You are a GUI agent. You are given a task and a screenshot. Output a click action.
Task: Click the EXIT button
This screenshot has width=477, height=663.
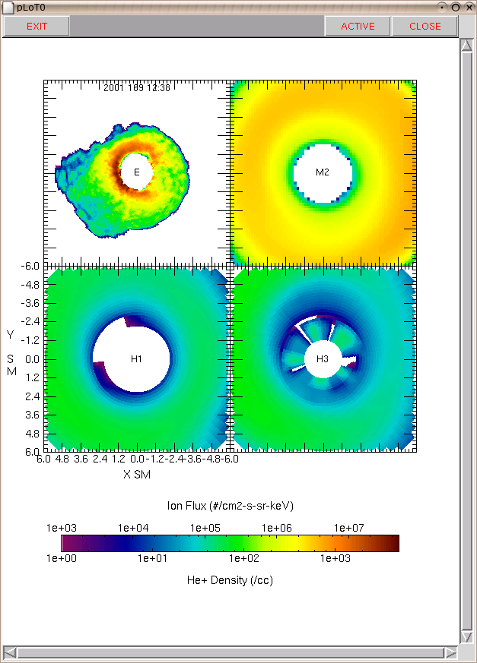pyautogui.click(x=37, y=27)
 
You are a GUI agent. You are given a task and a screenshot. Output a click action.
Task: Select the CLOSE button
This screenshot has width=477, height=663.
pyautogui.click(x=425, y=27)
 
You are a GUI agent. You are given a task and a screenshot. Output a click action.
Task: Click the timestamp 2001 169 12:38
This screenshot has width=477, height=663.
pyautogui.click(x=137, y=87)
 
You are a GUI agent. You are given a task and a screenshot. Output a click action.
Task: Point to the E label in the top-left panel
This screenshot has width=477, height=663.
pyautogui.click(x=137, y=172)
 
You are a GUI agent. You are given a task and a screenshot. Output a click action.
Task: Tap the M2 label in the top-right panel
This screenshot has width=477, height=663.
pyautogui.click(x=323, y=172)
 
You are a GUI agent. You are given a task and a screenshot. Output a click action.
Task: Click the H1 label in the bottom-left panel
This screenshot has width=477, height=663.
pyautogui.click(x=136, y=359)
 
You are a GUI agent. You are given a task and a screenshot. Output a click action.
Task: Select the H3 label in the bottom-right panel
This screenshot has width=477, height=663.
pyautogui.click(x=323, y=359)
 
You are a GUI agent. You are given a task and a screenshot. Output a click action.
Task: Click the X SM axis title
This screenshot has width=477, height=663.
pyautogui.click(x=137, y=475)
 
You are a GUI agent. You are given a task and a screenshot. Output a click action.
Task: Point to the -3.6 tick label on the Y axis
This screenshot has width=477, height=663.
pyautogui.click(x=30, y=303)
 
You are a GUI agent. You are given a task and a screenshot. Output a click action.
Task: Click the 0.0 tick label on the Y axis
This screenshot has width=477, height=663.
pyautogui.click(x=32, y=359)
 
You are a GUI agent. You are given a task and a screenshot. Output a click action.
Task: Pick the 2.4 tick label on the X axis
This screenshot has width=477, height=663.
pyautogui.click(x=100, y=459)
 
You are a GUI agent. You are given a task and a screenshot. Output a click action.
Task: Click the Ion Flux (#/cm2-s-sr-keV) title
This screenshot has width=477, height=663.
pyautogui.click(x=230, y=506)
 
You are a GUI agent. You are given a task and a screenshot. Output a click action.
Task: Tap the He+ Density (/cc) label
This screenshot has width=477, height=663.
pyautogui.click(x=230, y=580)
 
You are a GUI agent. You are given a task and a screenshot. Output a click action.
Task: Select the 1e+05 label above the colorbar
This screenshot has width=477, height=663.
pyautogui.click(x=205, y=528)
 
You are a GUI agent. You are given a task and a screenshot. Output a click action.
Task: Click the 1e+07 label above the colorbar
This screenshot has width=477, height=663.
pyautogui.click(x=348, y=528)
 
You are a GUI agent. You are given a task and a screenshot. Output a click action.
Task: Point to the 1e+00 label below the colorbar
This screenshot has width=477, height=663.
pyautogui.click(x=62, y=558)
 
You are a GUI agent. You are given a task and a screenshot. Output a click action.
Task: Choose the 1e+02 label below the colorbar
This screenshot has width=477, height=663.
pyautogui.click(x=244, y=558)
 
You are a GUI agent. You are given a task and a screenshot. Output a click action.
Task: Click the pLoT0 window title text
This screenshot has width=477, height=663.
pyautogui.click(x=31, y=8)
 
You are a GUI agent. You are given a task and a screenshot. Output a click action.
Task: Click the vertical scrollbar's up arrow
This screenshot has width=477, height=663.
pyautogui.click(x=467, y=46)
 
